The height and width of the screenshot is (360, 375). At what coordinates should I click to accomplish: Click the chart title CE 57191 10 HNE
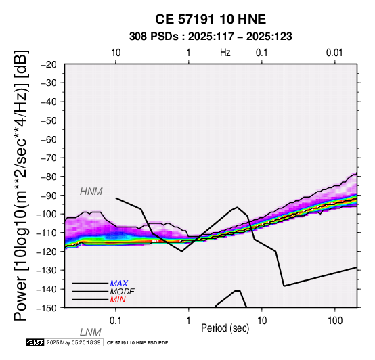[x=211, y=19]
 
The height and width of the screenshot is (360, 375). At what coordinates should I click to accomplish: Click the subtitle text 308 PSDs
[x=154, y=37]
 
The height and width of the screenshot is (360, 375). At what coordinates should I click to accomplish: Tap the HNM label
[x=91, y=192]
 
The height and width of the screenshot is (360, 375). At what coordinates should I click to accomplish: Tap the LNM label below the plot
[x=91, y=332]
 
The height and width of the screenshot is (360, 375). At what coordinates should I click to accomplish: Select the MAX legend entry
[x=118, y=284]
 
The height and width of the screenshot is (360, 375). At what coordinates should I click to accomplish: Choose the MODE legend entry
[x=122, y=292]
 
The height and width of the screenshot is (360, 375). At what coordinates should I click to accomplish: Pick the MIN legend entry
[x=118, y=300]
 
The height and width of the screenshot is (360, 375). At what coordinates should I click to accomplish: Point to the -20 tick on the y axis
[x=49, y=64]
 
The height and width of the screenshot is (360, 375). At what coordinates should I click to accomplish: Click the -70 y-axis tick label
[x=49, y=158]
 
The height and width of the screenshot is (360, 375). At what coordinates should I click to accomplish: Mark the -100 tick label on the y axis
[x=47, y=214]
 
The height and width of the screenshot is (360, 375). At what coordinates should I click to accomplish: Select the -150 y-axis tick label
[x=47, y=308]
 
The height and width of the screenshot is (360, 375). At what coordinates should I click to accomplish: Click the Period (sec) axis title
[x=225, y=328]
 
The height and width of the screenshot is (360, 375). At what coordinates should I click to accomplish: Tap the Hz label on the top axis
[x=225, y=53]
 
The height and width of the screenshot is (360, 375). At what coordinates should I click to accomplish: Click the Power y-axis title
[x=21, y=185]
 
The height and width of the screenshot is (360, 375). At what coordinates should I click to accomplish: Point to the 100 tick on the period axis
[x=335, y=321]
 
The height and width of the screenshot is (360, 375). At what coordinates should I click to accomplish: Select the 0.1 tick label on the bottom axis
[x=116, y=321]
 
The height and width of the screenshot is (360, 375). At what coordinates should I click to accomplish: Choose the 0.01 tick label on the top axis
[x=334, y=53]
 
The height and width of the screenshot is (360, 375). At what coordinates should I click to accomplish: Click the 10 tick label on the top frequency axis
[x=116, y=53]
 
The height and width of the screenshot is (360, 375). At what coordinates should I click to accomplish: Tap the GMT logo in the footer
[x=35, y=342]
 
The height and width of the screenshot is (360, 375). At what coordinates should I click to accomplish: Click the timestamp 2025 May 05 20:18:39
[x=73, y=342]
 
